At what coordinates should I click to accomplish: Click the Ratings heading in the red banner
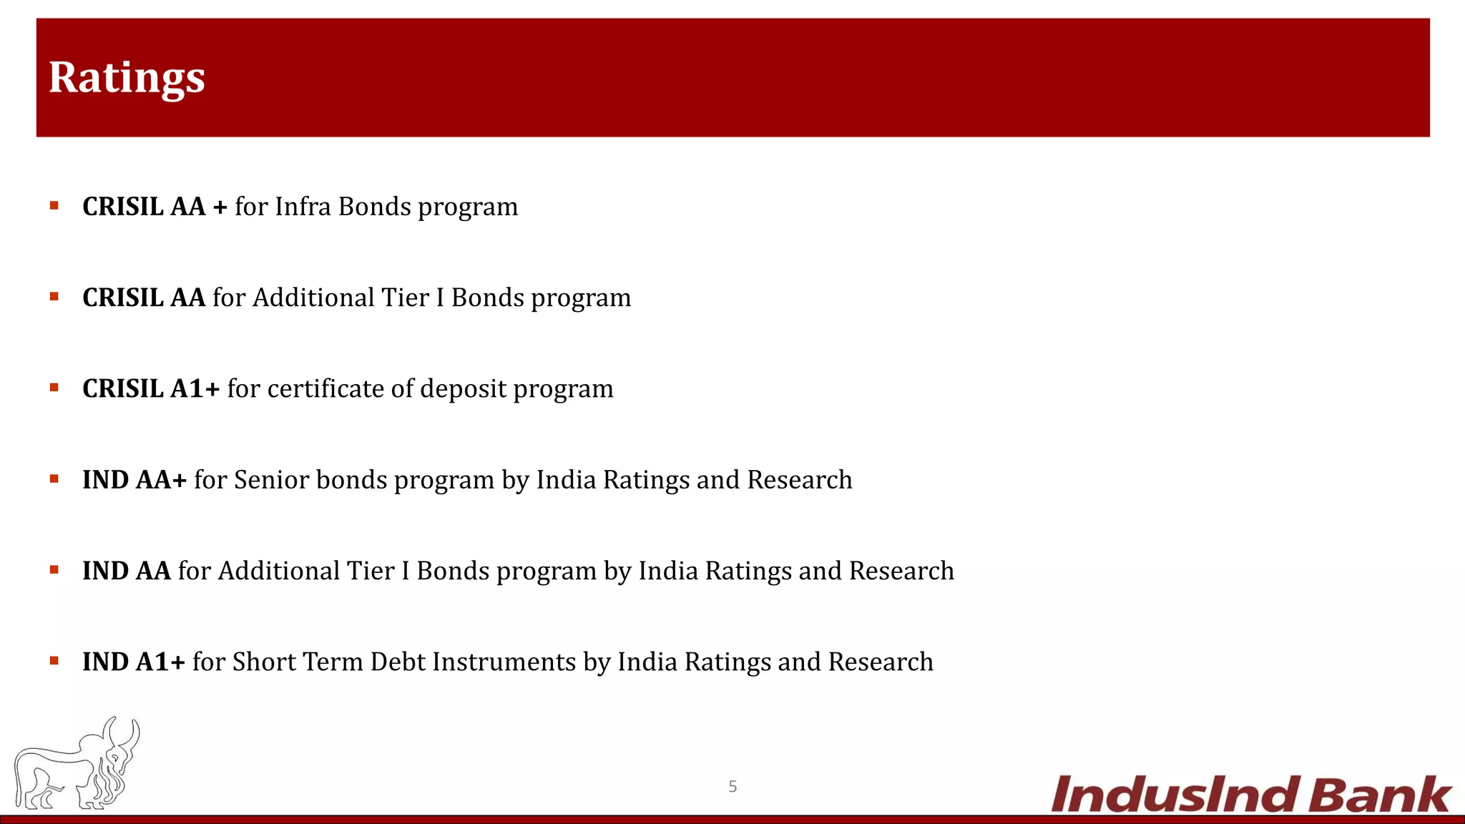127,77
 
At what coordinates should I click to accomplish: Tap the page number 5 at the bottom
732,787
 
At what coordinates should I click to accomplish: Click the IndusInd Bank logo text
1250,795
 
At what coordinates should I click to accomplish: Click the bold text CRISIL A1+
151,389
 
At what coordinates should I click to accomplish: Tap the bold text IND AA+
134,480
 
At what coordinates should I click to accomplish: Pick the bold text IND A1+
134,662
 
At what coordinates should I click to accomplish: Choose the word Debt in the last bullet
398,662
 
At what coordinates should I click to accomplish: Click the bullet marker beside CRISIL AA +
54,207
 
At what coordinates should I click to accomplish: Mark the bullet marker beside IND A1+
54,662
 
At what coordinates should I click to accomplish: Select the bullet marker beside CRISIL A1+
54,388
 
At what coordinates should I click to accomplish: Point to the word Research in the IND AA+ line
800,480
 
